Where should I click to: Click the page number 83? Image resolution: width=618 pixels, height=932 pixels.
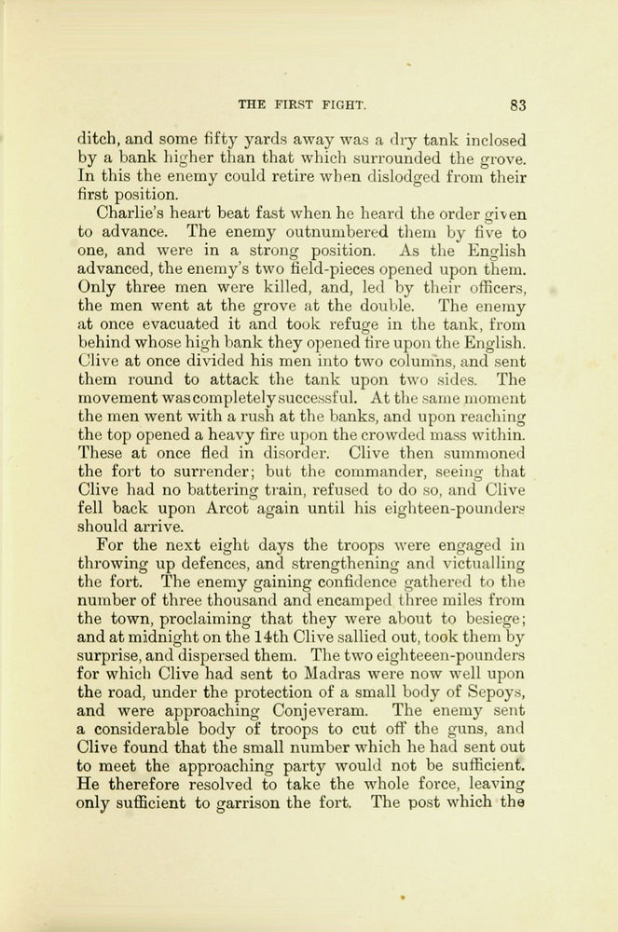pyautogui.click(x=520, y=104)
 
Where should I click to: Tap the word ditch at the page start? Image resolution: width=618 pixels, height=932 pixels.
pyautogui.click(x=96, y=140)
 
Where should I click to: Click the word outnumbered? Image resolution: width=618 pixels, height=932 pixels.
pyautogui.click(x=311, y=232)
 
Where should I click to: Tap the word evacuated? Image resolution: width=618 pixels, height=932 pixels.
pyautogui.click(x=163, y=324)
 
